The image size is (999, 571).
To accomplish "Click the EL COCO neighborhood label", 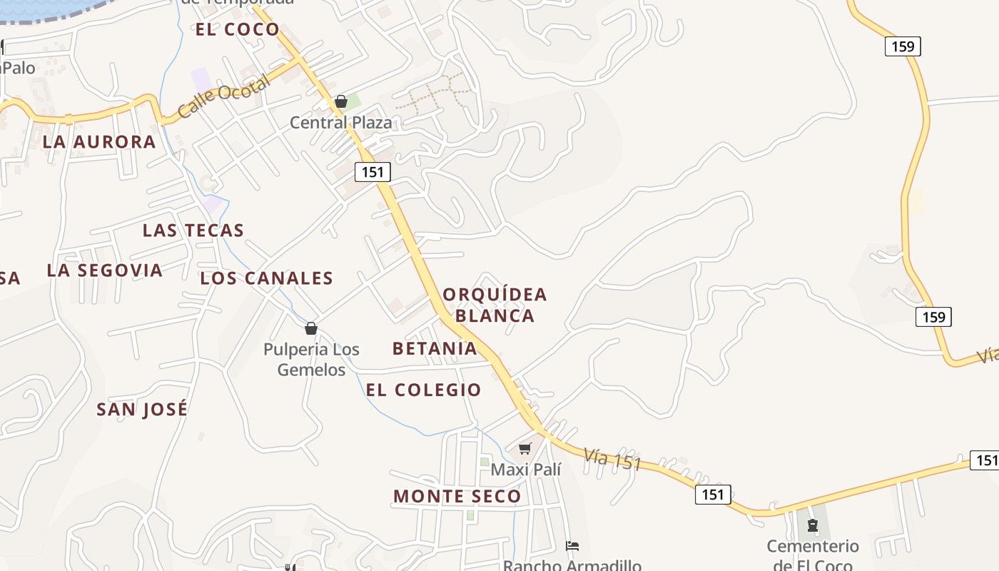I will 238,29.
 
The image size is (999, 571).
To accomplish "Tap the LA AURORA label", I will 99,141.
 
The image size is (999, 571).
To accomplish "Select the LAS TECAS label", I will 193,231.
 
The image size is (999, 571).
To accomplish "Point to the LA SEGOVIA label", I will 105,271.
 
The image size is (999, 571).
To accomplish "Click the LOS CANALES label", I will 267,278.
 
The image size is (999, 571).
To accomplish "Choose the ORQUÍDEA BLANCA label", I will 495,305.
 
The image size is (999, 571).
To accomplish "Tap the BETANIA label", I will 435,348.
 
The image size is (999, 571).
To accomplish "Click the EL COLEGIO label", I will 424,390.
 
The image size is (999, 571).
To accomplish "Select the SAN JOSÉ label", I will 142,409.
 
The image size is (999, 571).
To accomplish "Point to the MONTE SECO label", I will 457,496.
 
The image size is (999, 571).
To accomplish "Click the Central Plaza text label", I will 340,123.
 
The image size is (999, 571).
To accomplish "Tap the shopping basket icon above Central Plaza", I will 341,102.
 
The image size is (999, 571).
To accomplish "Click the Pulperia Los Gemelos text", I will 311,359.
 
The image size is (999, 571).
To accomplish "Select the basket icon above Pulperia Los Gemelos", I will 310,328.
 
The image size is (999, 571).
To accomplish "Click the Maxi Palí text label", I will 526,469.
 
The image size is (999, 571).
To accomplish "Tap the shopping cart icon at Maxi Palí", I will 525,449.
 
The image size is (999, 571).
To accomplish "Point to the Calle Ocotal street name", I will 223,96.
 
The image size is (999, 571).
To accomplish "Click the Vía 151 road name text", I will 612,460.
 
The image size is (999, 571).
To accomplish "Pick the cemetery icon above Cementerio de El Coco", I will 812,526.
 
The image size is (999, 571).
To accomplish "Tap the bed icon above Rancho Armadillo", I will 572,546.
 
